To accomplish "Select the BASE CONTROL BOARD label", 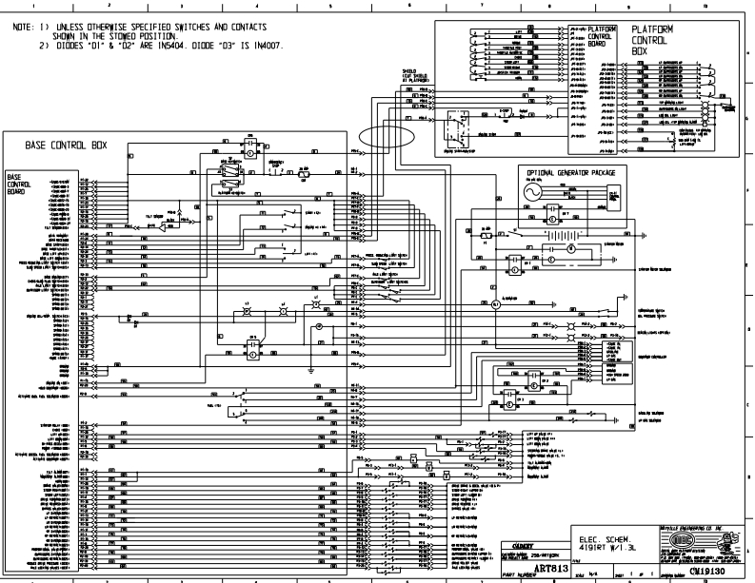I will [x=19, y=182].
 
